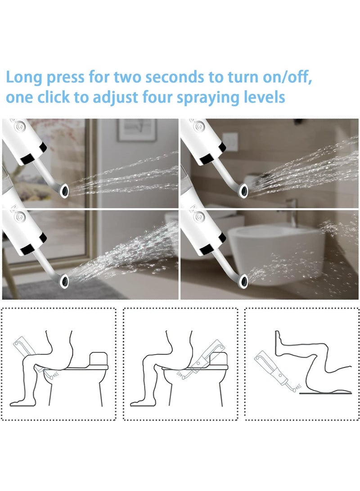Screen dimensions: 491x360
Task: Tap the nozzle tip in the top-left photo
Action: click(x=64, y=191)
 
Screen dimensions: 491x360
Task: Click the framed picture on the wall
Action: click(x=137, y=130)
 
